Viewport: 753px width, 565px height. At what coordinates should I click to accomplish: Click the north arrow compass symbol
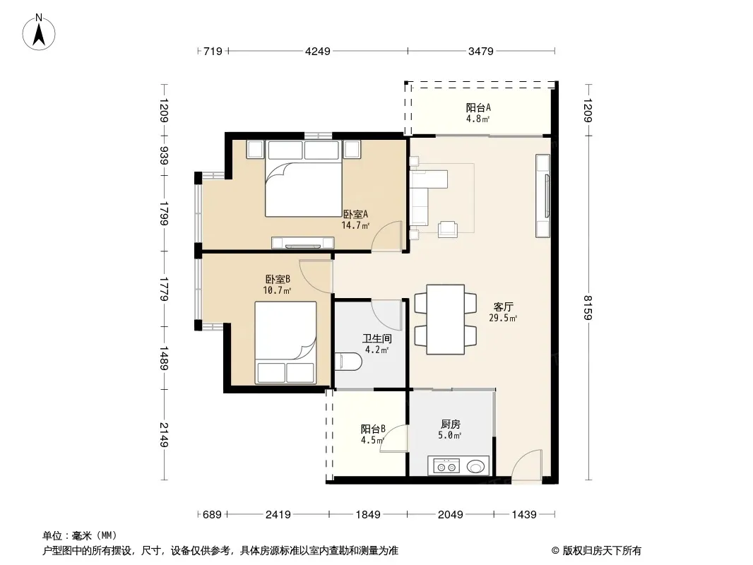coord(39,32)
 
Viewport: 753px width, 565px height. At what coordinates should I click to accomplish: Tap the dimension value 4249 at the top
coord(318,51)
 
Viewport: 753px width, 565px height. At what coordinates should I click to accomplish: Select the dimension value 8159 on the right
coord(588,307)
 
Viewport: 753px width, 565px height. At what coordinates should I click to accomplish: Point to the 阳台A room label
coord(478,107)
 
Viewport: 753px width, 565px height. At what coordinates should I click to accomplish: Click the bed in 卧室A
coord(304,179)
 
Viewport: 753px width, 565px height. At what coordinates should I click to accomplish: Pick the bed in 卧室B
coord(286,343)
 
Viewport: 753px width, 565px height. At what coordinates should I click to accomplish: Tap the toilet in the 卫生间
coord(348,362)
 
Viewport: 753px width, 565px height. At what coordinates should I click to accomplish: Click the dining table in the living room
coord(446,319)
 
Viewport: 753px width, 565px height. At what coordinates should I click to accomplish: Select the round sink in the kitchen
coord(476,466)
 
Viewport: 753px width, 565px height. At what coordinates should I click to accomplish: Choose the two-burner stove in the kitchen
coord(446,466)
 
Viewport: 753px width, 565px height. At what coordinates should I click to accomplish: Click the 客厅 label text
coord(503,307)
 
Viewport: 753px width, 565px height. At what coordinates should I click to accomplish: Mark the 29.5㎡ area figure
coord(503,318)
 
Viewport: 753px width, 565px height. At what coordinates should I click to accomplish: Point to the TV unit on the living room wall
coord(543,196)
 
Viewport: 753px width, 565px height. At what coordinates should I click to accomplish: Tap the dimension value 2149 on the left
coord(165,435)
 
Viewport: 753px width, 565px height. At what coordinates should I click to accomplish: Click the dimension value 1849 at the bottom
coord(368,515)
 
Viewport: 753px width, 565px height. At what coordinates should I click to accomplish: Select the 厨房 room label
coord(451,424)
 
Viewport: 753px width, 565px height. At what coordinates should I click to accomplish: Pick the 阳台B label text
coord(373,429)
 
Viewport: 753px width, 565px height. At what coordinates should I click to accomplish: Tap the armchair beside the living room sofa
coord(448,229)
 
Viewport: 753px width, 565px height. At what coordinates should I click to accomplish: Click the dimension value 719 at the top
coord(213,51)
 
